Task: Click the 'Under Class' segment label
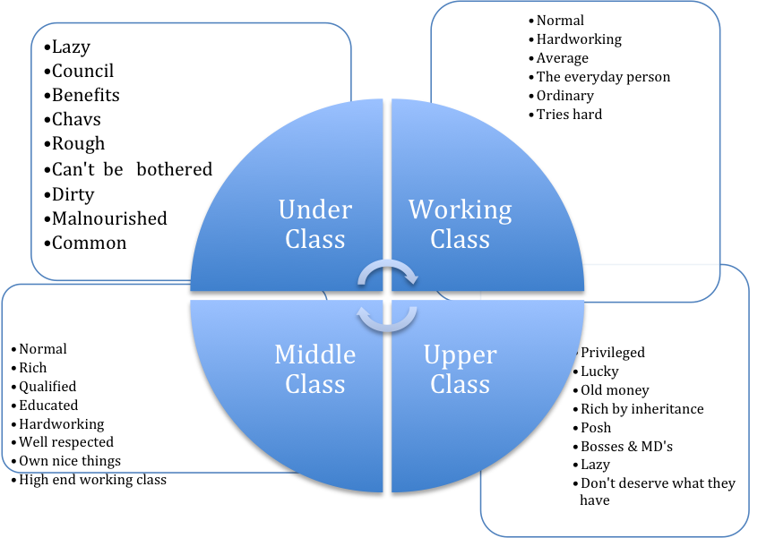(315, 224)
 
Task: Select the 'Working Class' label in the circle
(461, 224)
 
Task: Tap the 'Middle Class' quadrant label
(315, 369)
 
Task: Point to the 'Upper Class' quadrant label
(461, 369)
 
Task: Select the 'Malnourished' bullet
(108, 218)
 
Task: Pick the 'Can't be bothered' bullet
(131, 169)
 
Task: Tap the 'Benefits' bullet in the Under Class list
(84, 95)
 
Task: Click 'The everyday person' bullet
(602, 77)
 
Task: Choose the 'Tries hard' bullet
(568, 115)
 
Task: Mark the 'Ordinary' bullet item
(564, 96)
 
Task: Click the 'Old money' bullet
(614, 390)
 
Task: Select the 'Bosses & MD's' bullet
(625, 446)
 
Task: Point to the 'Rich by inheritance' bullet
(641, 409)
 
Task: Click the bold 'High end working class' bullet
(91, 480)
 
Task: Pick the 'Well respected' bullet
(65, 442)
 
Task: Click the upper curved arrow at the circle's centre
(387, 274)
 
